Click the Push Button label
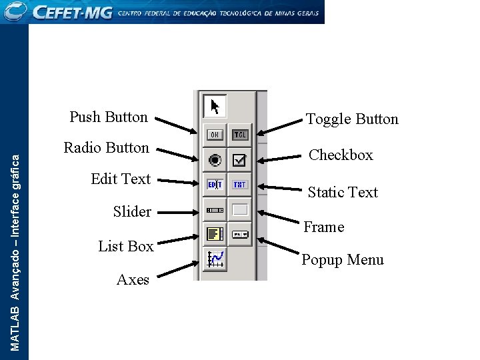[x=109, y=117]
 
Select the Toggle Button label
[x=352, y=119]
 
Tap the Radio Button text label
[x=106, y=148]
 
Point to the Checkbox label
[x=341, y=155]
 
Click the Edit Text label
[x=121, y=179]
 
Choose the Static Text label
[x=343, y=193]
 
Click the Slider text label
[x=132, y=212]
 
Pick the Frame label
[x=324, y=227]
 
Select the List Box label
[x=126, y=247]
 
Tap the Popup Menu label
[x=343, y=260]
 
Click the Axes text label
[x=133, y=280]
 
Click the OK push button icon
[x=215, y=135]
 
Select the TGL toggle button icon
[x=239, y=135]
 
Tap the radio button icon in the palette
[x=215, y=160]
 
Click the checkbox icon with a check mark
[x=239, y=160]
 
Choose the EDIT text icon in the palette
[x=215, y=185]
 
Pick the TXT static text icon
[x=239, y=185]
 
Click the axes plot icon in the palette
[x=215, y=259]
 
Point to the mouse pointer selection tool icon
[x=215, y=107]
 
